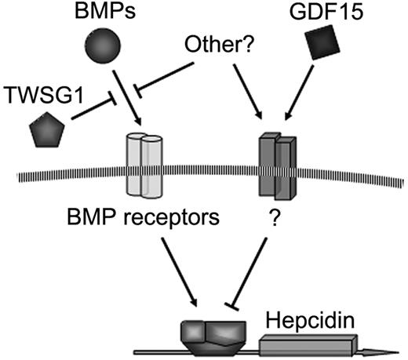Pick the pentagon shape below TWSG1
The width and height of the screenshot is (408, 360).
46,129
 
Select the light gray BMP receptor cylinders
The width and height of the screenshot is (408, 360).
143,162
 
